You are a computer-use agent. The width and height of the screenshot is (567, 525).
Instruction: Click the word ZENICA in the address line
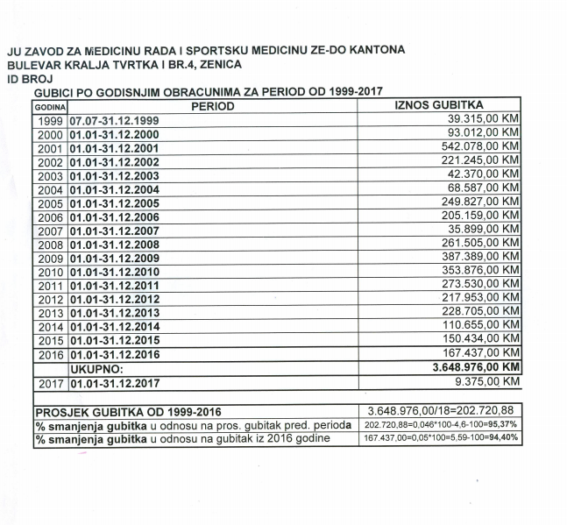[217, 64]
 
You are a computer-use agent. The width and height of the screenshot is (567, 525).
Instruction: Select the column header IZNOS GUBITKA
[440, 104]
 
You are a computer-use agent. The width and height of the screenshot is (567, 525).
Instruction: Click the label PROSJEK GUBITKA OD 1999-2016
[128, 411]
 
